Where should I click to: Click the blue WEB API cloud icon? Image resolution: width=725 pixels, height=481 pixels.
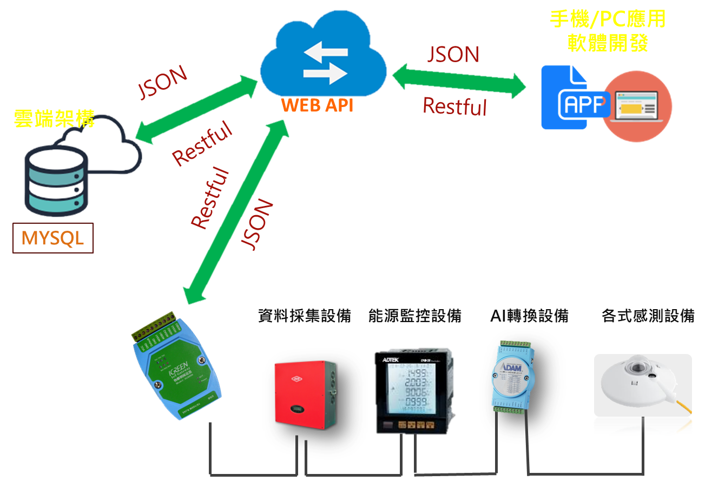(324, 59)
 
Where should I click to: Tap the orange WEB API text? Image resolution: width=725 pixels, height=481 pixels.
(318, 105)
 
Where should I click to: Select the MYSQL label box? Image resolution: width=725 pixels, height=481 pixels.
(53, 238)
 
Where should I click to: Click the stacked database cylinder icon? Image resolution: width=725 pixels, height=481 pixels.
(55, 182)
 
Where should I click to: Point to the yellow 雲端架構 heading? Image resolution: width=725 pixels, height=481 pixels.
(54, 119)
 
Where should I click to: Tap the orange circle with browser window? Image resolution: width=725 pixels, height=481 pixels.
(638, 106)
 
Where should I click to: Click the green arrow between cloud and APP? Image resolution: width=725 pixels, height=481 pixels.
(459, 83)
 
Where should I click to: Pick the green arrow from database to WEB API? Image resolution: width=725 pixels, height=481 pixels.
(196, 108)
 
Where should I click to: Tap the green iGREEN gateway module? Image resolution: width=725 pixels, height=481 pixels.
(175, 368)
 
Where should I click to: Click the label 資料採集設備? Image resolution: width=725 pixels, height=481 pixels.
(305, 316)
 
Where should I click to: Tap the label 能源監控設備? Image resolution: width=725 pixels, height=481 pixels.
(414, 316)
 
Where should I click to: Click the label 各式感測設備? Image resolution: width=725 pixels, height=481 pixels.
(648, 316)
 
